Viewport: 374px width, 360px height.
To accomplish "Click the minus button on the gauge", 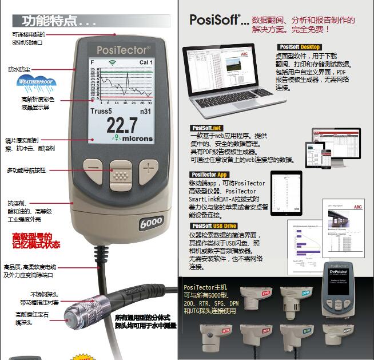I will click(x=93, y=168).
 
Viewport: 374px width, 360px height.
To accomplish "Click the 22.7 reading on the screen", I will click(x=122, y=125).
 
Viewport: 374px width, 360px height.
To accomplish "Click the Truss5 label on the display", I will click(x=101, y=111).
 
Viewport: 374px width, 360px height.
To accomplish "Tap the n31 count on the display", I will click(x=145, y=111).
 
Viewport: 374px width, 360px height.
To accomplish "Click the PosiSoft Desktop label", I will click(x=300, y=47).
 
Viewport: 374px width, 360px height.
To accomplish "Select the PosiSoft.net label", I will click(x=206, y=128).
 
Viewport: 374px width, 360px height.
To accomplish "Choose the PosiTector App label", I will click(x=210, y=175).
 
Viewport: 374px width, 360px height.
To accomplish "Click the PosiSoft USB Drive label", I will click(x=213, y=226).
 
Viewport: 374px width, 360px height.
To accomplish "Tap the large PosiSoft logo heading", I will click(x=215, y=21).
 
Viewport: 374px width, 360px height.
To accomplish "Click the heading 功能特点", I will click(x=55, y=22).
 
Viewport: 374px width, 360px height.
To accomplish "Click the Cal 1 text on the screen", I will click(x=146, y=62).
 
